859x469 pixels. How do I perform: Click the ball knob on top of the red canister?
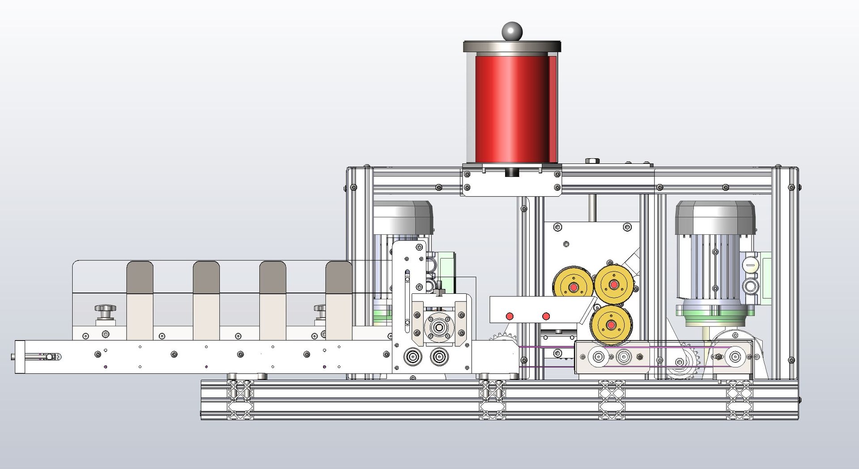[512, 31]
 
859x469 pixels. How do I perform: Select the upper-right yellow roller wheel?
[612, 284]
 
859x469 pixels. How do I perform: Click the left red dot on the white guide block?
[509, 316]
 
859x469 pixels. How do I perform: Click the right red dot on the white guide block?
[546, 316]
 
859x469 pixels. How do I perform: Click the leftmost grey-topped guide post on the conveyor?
[140, 278]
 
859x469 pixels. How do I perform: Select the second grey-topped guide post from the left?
[206, 278]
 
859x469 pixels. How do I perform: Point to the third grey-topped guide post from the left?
[273, 278]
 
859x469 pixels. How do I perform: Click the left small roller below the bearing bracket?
[412, 357]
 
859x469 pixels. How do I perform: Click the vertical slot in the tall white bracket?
[407, 298]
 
